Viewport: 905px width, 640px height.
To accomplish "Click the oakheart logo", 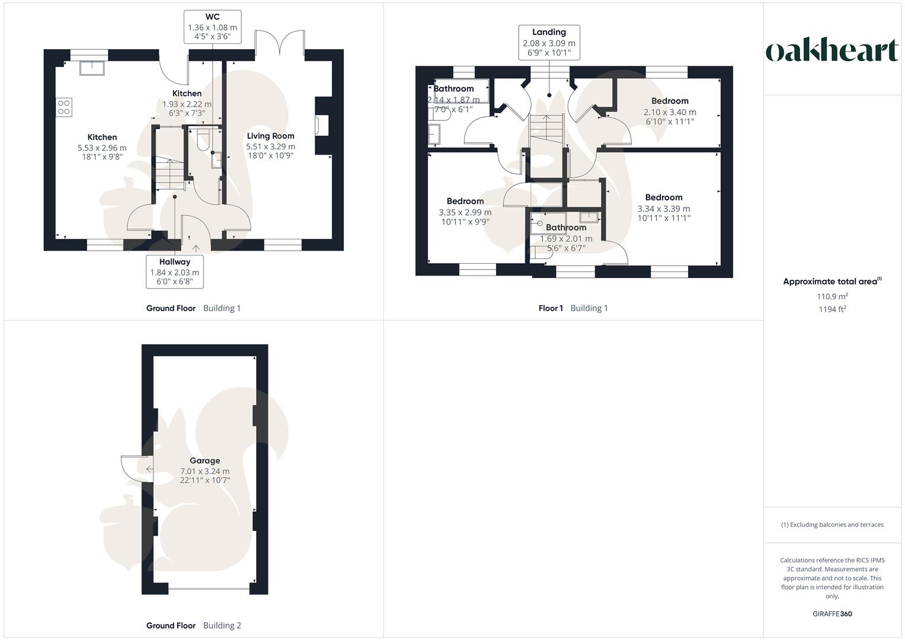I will [x=832, y=51].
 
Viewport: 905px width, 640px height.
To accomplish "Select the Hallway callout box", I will [x=175, y=271].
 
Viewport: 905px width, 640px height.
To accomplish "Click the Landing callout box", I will [x=549, y=42].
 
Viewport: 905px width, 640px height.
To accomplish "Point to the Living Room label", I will [x=270, y=136].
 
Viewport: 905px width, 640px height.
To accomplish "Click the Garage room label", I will [x=204, y=460].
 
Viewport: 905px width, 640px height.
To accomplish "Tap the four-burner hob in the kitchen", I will [x=64, y=107].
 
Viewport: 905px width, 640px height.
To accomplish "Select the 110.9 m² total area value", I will [x=832, y=296].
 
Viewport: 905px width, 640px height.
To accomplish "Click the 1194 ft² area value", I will [x=832, y=309].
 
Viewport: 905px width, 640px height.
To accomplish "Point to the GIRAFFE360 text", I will [x=832, y=614].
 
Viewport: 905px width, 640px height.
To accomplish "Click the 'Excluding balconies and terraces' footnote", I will [x=832, y=524].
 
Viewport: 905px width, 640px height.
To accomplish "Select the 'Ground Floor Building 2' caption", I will [x=194, y=625].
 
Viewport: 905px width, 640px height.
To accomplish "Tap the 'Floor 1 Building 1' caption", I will [x=573, y=308].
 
